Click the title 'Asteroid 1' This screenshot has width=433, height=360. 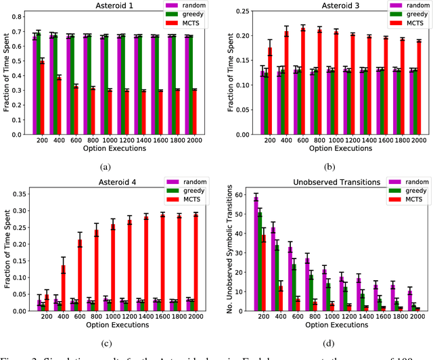pyautogui.click(x=107, y=5)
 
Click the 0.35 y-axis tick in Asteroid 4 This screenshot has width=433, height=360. pyautogui.click(x=19, y=194)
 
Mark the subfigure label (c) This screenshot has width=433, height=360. pyautogui.click(x=107, y=338)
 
